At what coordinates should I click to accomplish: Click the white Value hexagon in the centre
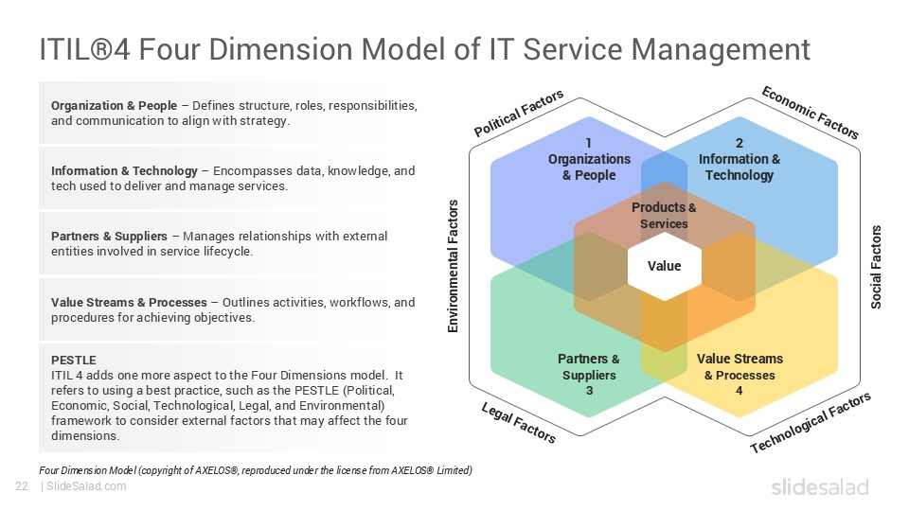point(664,266)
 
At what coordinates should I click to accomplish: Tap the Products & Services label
point(664,216)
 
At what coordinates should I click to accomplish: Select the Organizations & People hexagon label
point(588,160)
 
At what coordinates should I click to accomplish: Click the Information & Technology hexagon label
point(740,160)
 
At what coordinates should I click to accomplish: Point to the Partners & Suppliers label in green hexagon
point(588,374)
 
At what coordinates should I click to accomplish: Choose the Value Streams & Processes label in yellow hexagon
point(740,374)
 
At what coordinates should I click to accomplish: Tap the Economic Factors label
point(811,112)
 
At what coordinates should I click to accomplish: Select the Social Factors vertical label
point(876,267)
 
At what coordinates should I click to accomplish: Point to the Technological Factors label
point(811,423)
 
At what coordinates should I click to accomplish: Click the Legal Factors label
point(519,422)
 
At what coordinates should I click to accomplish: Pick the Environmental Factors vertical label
point(453,267)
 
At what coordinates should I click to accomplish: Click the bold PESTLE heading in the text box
point(74,360)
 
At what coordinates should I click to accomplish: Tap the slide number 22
point(21,486)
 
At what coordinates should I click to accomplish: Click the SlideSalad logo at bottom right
point(819,487)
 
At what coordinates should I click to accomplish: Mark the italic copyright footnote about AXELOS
point(256,470)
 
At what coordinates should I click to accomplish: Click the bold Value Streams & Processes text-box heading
point(129,303)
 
